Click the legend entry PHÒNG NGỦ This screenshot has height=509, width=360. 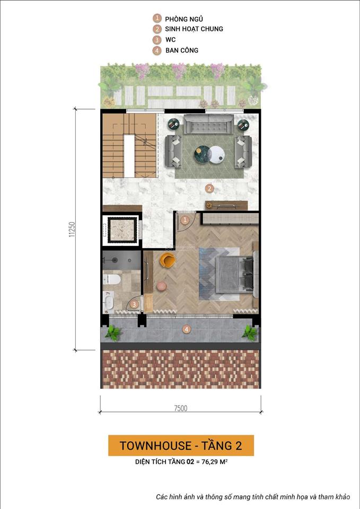[183, 19]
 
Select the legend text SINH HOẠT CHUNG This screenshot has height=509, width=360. [194, 29]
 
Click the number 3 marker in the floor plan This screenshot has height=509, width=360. [135, 304]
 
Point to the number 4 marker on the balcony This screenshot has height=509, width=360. [186, 329]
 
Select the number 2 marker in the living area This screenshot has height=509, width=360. [209, 188]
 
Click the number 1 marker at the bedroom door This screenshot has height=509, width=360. [185, 220]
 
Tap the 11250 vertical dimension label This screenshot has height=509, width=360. [71, 229]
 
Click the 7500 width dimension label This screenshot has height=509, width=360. [180, 408]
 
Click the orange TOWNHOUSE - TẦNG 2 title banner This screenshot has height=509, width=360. [180, 445]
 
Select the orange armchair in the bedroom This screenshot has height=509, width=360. [168, 260]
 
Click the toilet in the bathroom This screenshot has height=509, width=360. [112, 279]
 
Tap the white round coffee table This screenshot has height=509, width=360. [216, 154]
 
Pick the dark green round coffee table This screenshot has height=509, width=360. [202, 154]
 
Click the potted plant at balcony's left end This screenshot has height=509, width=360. [112, 333]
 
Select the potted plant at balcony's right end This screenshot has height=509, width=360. [249, 333]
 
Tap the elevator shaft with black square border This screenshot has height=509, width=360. [122, 230]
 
